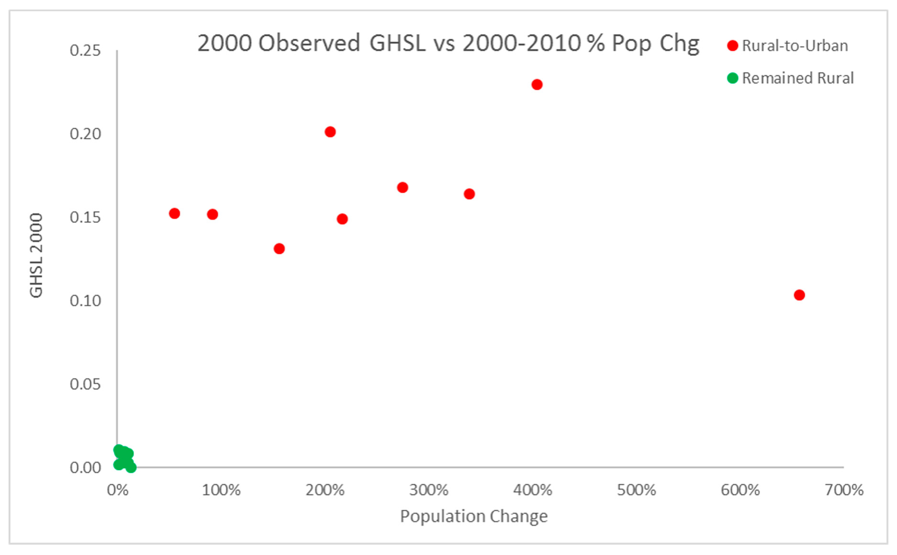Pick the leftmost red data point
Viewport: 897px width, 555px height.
click(x=174, y=213)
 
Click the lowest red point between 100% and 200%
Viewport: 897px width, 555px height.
click(x=279, y=249)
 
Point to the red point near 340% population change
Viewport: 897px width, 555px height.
click(x=470, y=194)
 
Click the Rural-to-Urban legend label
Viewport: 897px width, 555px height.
click(x=795, y=46)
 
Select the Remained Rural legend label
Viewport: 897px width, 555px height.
click(x=798, y=78)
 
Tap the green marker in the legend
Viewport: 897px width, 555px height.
click(x=732, y=78)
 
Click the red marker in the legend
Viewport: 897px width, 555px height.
click(x=732, y=46)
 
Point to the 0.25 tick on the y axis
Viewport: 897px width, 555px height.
click(x=85, y=50)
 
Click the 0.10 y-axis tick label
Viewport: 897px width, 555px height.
click(x=85, y=301)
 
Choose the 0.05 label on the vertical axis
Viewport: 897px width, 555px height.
click(x=85, y=384)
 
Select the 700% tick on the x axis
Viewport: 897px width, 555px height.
click(x=844, y=490)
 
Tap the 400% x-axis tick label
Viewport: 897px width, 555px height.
click(x=532, y=490)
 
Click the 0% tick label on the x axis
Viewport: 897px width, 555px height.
click(x=117, y=490)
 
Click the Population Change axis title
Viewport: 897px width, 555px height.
click(x=474, y=516)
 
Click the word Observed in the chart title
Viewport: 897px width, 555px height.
click(x=309, y=43)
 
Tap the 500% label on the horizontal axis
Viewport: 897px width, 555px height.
click(x=636, y=490)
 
